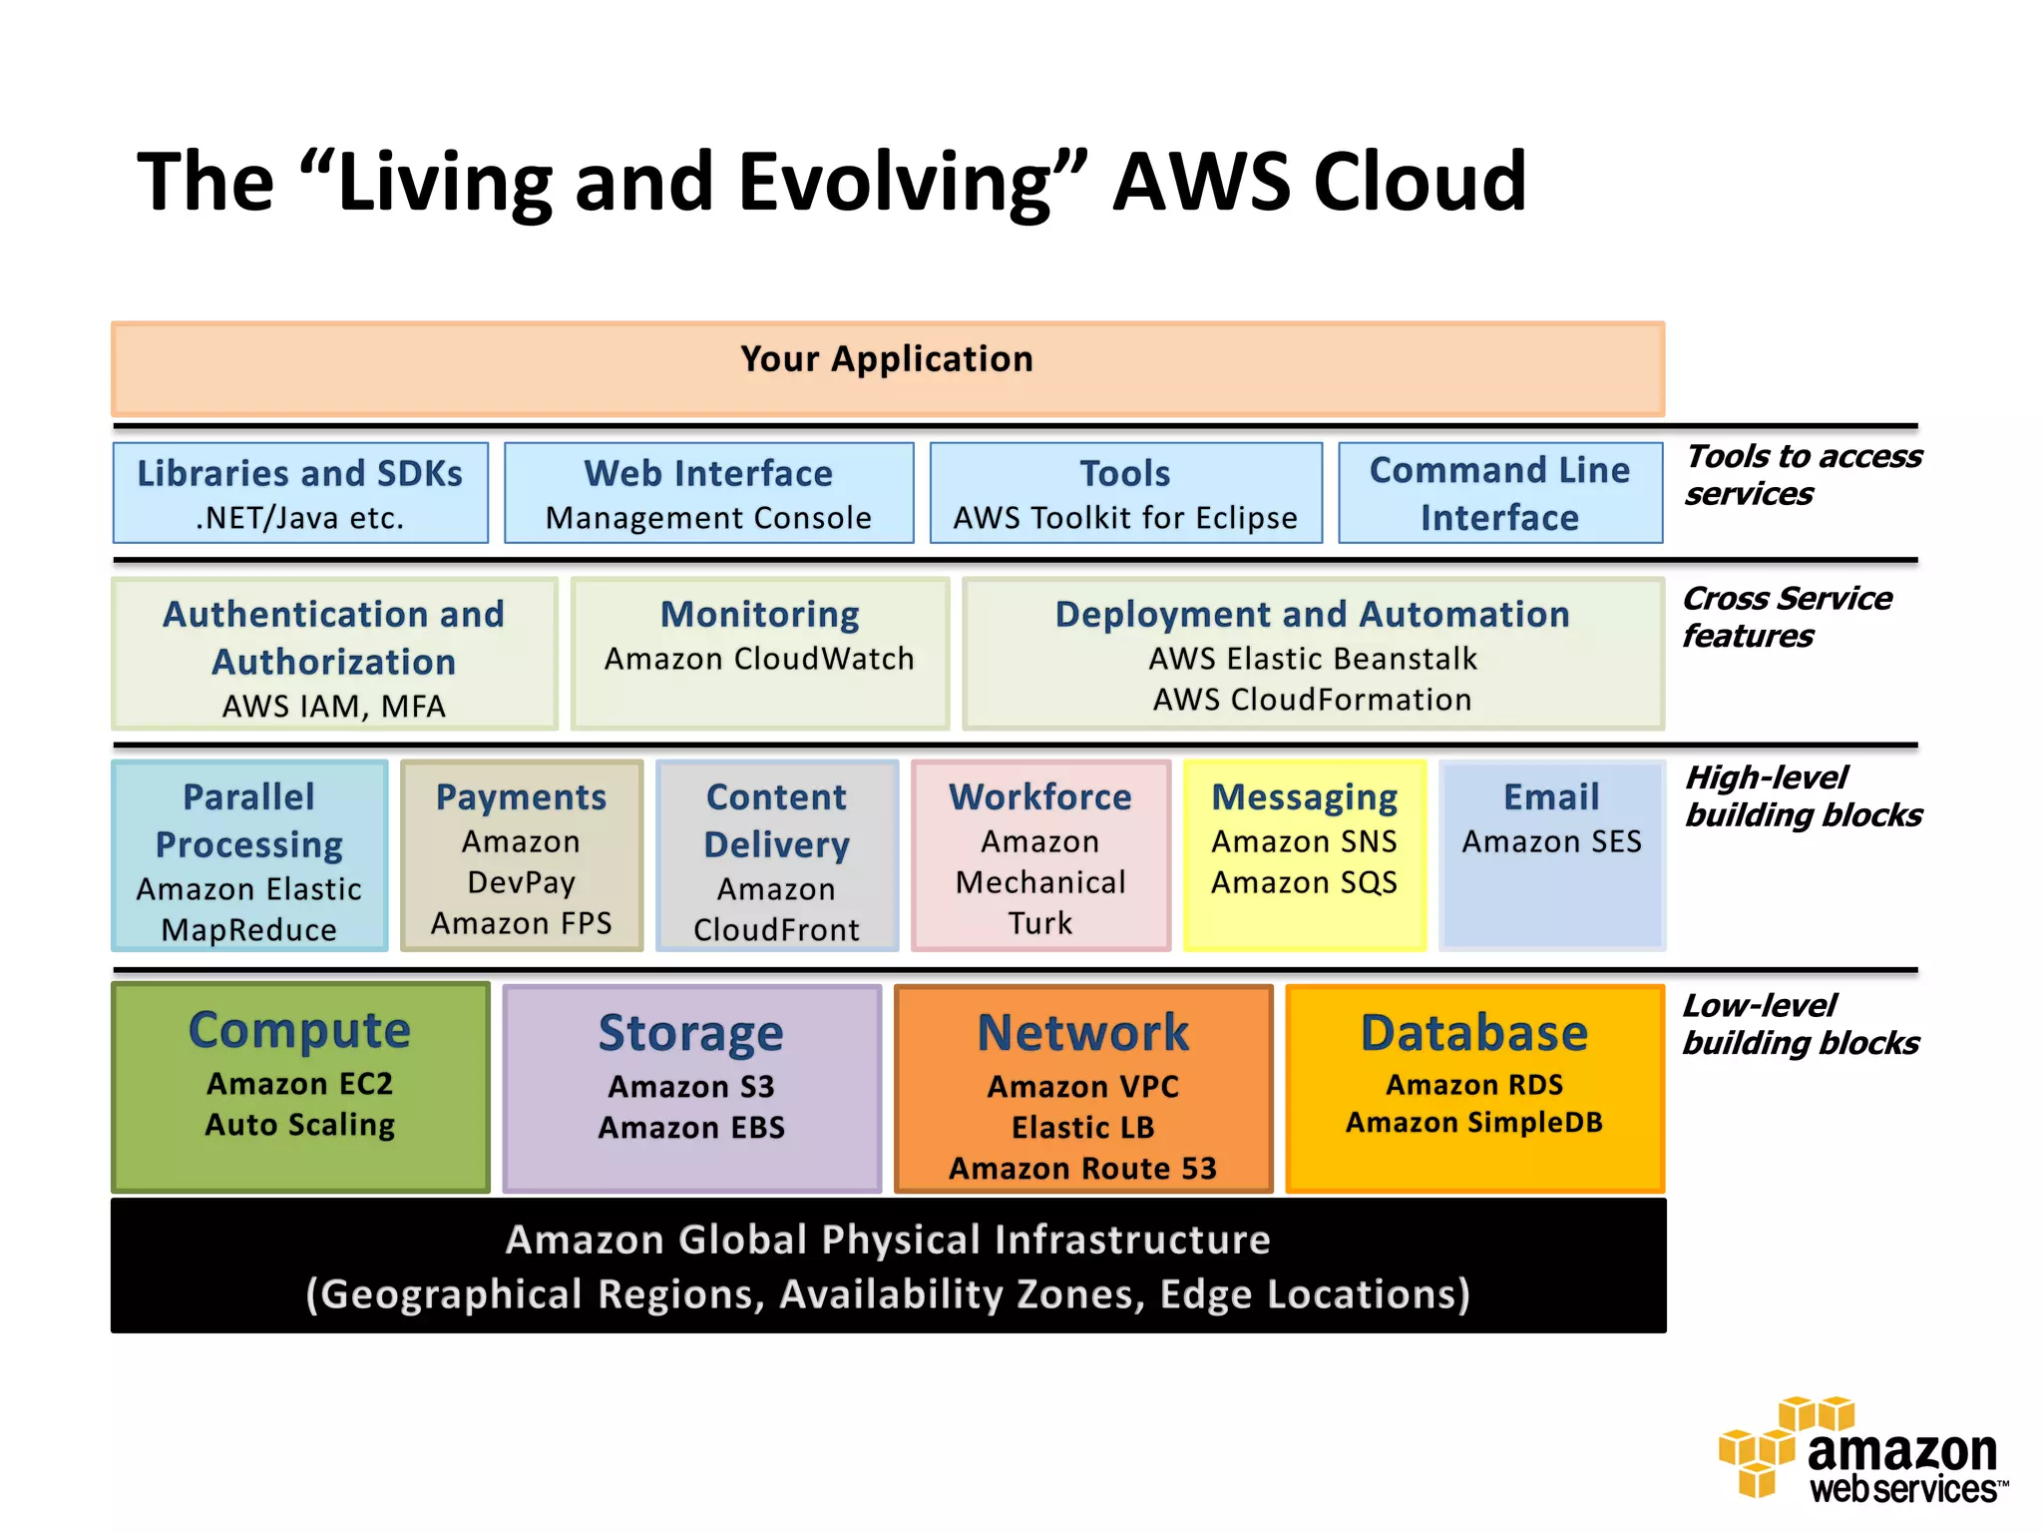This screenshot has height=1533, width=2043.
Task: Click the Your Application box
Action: click(x=887, y=368)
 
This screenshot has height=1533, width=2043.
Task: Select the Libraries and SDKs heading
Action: click(x=299, y=473)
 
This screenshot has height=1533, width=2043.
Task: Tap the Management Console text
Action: click(x=708, y=518)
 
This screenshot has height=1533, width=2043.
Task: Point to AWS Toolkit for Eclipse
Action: click(x=1125, y=518)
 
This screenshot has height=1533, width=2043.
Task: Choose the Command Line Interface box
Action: click(x=1499, y=493)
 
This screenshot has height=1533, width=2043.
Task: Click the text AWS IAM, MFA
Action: click(x=333, y=707)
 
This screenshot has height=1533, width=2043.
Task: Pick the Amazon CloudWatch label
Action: click(x=759, y=659)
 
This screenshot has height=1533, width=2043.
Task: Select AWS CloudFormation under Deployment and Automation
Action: click(x=1312, y=700)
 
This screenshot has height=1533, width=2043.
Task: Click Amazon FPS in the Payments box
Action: click(x=521, y=923)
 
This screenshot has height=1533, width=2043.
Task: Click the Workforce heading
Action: click(x=1040, y=796)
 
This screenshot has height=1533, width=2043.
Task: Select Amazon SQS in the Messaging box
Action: click(x=1304, y=882)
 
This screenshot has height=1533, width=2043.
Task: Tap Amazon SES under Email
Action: click(x=1551, y=841)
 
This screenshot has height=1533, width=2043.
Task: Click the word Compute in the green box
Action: click(x=299, y=1030)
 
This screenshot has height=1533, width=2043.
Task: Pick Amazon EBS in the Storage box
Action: click(x=691, y=1128)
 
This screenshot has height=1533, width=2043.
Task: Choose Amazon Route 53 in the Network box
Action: click(x=1082, y=1168)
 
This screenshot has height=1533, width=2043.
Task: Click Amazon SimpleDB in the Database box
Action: click(x=1473, y=1123)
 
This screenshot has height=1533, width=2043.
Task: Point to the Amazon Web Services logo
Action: click(x=1860, y=1452)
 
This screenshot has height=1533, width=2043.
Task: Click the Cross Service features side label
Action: click(x=1786, y=617)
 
